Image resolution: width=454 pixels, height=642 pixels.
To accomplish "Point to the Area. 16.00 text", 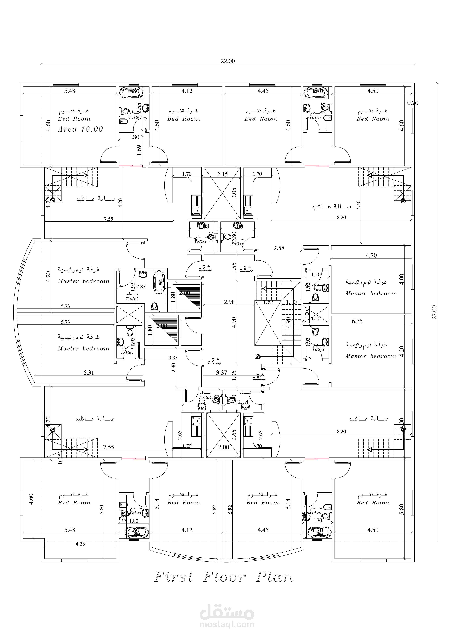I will coord(81,129).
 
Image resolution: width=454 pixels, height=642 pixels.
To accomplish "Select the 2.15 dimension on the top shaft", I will coord(222,174).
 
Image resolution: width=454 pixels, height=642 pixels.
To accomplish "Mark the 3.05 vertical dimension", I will coord(234,193).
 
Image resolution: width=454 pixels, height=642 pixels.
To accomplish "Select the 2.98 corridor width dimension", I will coord(229,302).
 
